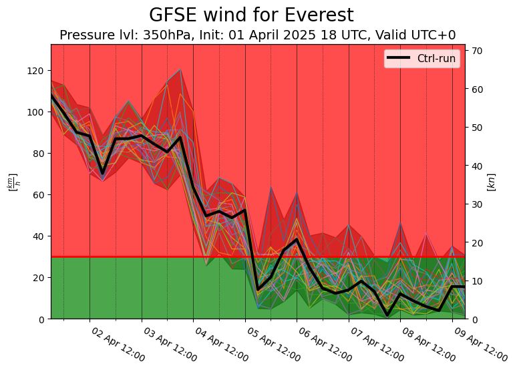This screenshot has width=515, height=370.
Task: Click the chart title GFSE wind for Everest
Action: click(x=251, y=15)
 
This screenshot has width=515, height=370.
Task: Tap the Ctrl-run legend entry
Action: click(x=436, y=59)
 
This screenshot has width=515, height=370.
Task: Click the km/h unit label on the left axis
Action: click(x=11, y=182)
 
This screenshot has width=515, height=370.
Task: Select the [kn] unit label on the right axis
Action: click(x=492, y=182)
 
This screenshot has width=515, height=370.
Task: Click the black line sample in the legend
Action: click(x=399, y=59)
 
